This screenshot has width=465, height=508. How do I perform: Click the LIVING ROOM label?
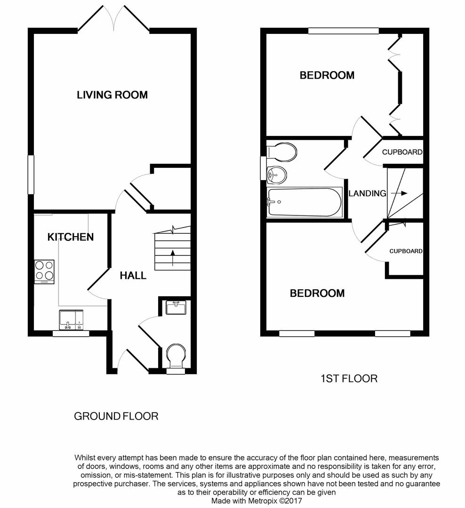(112, 95)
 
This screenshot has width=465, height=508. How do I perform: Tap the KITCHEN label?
(71, 237)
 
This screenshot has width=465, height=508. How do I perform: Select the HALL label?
(133, 276)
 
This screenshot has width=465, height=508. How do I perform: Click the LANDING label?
(367, 193)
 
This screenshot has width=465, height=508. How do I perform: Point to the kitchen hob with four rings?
(44, 271)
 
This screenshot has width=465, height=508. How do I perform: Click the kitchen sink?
(71, 319)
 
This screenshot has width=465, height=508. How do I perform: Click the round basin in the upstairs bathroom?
(276, 175)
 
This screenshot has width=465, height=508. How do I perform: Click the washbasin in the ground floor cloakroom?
(176, 308)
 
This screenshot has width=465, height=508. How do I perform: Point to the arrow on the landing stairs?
(398, 193)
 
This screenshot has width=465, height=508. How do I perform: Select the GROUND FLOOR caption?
(116, 416)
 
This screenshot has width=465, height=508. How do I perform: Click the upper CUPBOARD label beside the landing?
(402, 152)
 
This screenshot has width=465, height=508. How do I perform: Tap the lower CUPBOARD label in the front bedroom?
(405, 251)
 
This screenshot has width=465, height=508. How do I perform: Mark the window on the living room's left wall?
(31, 175)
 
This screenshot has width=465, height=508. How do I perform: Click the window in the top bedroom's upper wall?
(344, 31)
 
